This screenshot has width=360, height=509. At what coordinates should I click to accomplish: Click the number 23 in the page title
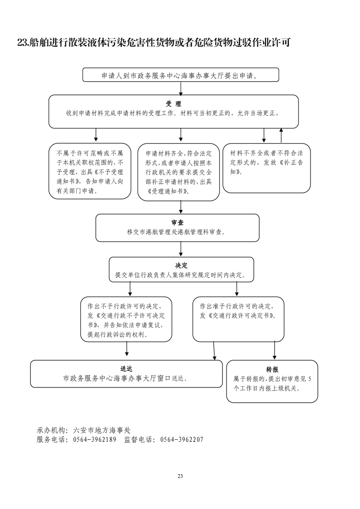[x=22, y=43]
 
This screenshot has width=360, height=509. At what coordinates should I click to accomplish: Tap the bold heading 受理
[x=174, y=104]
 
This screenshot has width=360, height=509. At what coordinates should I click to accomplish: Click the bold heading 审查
[x=177, y=223]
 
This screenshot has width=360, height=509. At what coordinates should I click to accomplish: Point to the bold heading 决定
[x=181, y=265]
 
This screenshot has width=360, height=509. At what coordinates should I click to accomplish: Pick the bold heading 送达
[x=127, y=369]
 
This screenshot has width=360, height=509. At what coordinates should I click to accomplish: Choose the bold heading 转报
[x=272, y=369]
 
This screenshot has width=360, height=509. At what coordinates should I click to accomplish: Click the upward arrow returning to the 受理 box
[x=281, y=135]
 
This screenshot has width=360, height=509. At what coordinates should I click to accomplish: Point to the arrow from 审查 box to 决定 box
[x=181, y=249]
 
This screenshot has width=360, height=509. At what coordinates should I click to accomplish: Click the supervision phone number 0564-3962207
[x=182, y=440]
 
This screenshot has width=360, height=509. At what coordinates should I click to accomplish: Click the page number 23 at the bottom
[x=180, y=476]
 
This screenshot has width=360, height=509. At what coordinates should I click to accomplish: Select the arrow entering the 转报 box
[x=274, y=351]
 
